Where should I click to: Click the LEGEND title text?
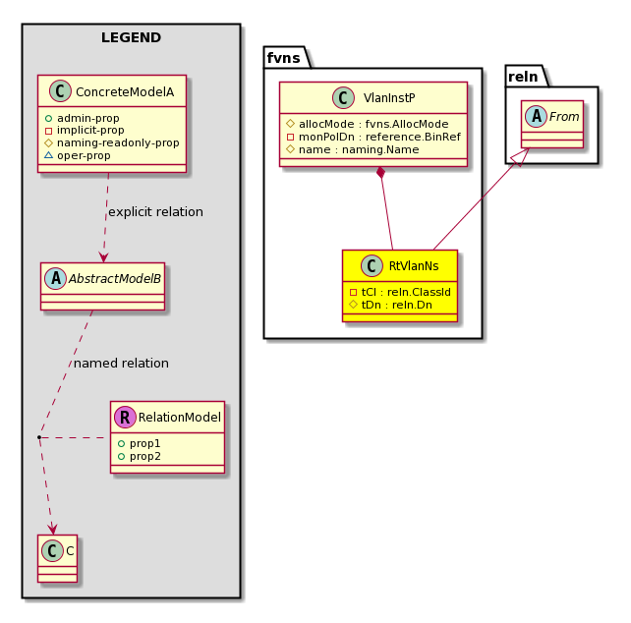coord(131,37)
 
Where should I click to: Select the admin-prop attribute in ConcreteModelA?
coord(83,118)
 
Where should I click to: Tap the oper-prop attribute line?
coord(78,155)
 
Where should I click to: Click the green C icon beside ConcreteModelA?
coord(60,91)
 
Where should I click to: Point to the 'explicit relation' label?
coord(155,211)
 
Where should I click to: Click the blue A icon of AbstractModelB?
coord(56,278)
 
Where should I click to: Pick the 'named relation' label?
coord(121,363)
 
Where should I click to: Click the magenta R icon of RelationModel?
coord(125,417)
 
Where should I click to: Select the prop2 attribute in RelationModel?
coord(140,456)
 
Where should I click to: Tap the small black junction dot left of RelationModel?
coord(39,437)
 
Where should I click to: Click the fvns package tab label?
coord(284,58)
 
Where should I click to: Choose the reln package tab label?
coord(523,77)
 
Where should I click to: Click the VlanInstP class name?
coord(389,98)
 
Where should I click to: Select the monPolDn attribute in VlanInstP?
coord(373,137)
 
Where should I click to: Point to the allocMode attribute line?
coord(368,124)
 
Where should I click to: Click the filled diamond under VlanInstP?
coord(380,172)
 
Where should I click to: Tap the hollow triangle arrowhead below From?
coord(522,157)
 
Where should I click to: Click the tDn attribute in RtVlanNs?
coord(391,305)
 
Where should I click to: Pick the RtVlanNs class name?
coord(414,265)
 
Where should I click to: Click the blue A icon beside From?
coord(537,116)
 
